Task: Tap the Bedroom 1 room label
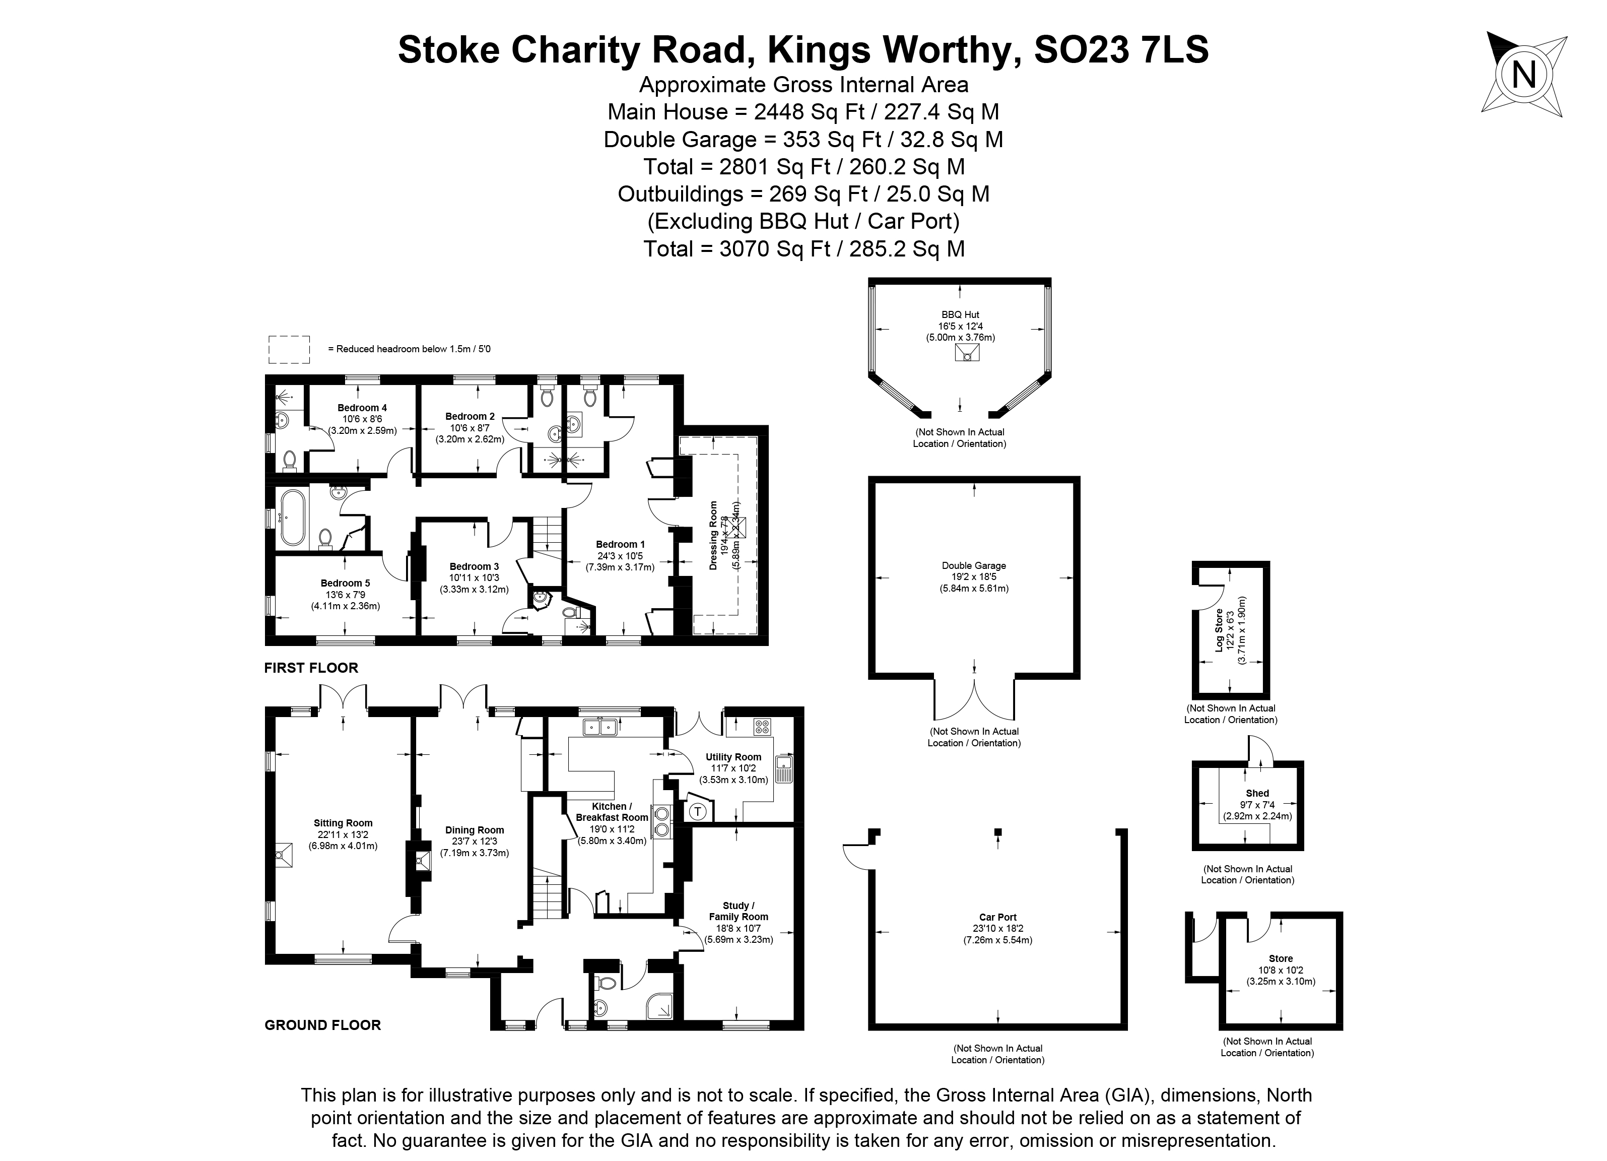[620, 544]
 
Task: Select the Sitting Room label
[343, 823]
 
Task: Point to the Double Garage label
[974, 565]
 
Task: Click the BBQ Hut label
[960, 315]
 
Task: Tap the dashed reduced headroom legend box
[289, 349]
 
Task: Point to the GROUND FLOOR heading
[322, 1025]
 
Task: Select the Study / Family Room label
[739, 911]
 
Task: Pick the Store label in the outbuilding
[1281, 958]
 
